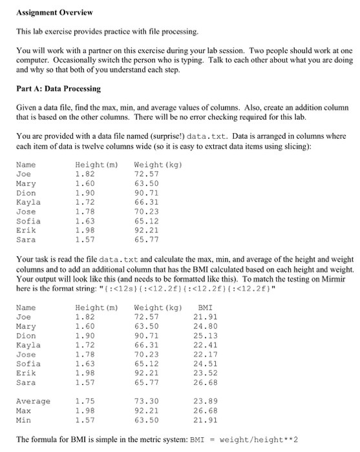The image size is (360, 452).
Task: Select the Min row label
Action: point(24,419)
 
